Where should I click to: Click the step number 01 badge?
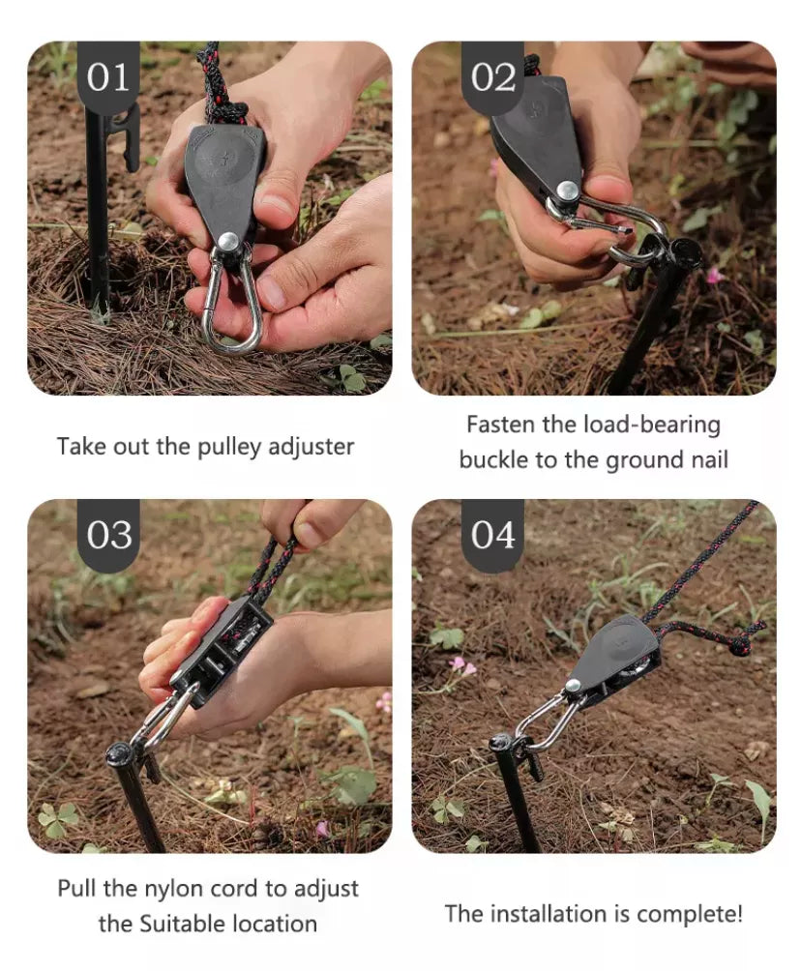(x=108, y=76)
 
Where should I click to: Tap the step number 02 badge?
(x=492, y=76)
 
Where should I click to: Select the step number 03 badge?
(x=108, y=534)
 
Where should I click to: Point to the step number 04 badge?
(x=492, y=534)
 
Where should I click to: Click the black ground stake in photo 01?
(x=97, y=213)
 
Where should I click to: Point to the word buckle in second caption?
(x=492, y=460)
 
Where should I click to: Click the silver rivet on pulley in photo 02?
(x=568, y=191)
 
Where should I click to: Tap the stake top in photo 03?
(x=122, y=753)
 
